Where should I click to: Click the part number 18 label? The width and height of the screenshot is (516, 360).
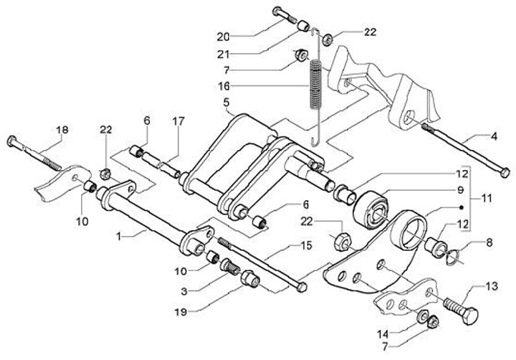[x=62, y=130]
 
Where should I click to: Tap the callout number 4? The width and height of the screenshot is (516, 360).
[x=494, y=136]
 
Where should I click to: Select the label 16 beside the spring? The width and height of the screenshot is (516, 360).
[x=224, y=87]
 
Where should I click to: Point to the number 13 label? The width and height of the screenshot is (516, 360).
[x=492, y=287]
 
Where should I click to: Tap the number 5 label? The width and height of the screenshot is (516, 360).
[x=226, y=103]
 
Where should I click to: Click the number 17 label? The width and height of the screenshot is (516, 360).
[x=178, y=121]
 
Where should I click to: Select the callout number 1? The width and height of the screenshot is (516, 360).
[x=119, y=237]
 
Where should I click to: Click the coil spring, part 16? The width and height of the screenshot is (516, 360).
[x=315, y=84]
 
